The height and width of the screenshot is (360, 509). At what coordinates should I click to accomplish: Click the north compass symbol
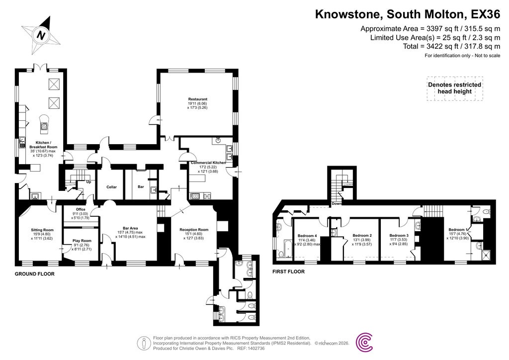coord(42,35)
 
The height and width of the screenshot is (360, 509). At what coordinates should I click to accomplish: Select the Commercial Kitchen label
coord(209,163)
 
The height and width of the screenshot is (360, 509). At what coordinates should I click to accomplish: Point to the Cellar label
coord(111,187)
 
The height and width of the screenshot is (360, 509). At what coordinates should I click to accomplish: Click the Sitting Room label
coord(42,230)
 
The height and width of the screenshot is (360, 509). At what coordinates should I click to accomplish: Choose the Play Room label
coord(75,241)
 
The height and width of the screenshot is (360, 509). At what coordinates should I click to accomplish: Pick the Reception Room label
coord(194,230)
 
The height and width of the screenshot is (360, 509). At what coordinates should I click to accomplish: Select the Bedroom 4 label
coord(307,236)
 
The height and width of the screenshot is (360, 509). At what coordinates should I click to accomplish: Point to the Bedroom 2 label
coord(362,236)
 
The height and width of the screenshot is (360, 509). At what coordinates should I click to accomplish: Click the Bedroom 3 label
coord(399,236)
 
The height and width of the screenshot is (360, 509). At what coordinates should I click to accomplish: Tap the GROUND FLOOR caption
coord(34,274)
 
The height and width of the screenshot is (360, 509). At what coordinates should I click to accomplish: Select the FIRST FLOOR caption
coord(288,272)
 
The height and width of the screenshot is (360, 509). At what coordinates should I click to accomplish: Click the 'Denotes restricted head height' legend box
coord(454,88)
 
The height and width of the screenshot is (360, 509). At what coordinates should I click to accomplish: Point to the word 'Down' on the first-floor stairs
coord(337,203)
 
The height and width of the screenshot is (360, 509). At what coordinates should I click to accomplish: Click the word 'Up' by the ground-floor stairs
coord(89,181)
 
